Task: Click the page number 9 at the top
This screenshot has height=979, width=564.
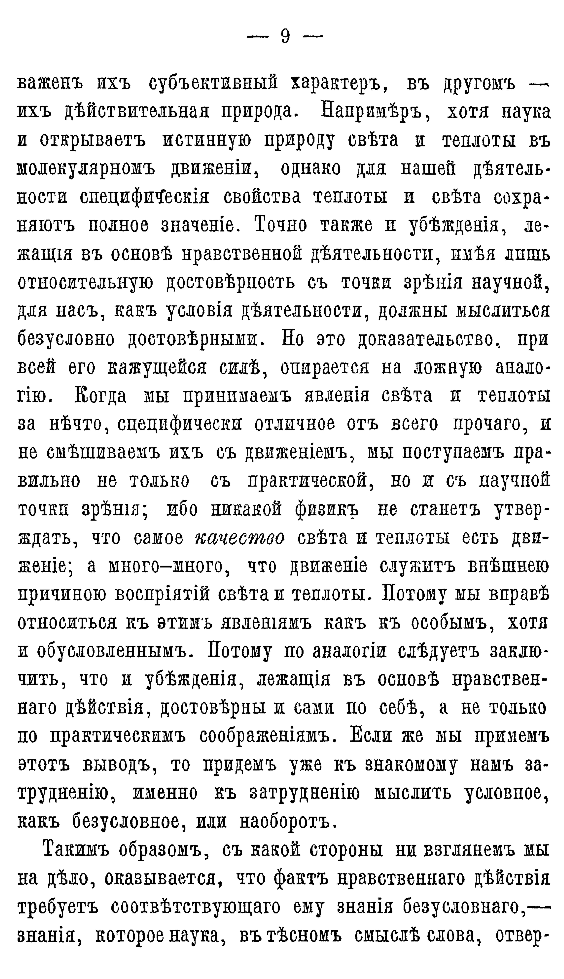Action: (285, 37)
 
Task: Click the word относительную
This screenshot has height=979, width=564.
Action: (85, 283)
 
